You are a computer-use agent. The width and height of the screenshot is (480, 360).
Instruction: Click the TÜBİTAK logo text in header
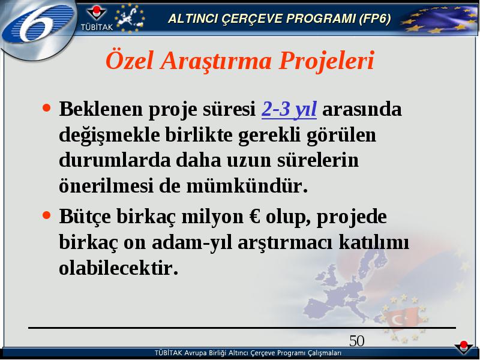(x=97, y=27)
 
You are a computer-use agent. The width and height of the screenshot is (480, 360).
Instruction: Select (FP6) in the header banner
(x=375, y=19)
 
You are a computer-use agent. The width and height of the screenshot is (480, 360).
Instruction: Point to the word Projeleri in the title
(x=326, y=61)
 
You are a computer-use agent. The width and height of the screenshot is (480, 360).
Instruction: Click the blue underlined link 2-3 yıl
(x=289, y=109)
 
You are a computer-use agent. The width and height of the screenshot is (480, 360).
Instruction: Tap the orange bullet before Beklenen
(x=47, y=108)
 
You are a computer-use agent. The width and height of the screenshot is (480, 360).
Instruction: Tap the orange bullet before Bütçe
(x=47, y=215)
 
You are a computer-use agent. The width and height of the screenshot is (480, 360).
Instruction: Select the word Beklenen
(x=101, y=109)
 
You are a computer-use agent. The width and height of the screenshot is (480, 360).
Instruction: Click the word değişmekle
(x=109, y=135)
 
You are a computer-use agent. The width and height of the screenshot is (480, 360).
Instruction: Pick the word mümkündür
(x=247, y=185)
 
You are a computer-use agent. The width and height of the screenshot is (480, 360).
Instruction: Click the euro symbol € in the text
(x=255, y=217)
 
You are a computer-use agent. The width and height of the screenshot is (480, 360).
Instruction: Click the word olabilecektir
(x=118, y=268)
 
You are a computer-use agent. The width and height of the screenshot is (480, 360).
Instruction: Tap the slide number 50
(x=356, y=341)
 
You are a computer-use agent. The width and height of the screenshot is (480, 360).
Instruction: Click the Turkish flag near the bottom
(x=401, y=319)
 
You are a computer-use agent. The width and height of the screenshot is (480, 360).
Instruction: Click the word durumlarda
(x=115, y=160)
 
